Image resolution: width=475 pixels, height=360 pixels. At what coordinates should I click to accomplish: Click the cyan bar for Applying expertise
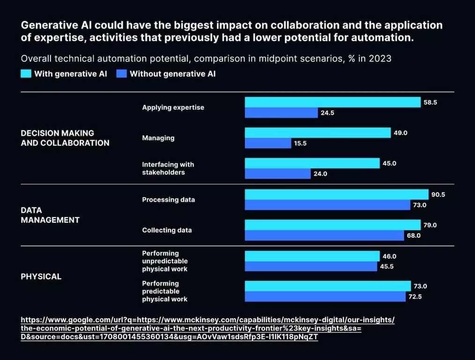click(x=333, y=102)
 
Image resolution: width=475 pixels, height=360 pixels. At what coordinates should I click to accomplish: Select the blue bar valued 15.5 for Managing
click(x=268, y=143)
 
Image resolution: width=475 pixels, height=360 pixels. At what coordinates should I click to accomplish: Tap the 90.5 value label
click(x=438, y=195)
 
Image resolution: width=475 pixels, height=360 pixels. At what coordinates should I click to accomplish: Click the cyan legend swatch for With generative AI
click(x=26, y=74)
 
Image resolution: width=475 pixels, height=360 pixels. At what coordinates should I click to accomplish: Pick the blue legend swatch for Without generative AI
click(x=122, y=74)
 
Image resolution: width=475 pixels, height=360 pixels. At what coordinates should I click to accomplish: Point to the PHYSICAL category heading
click(x=41, y=277)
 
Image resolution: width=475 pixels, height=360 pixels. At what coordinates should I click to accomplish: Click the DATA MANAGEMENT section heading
click(x=50, y=215)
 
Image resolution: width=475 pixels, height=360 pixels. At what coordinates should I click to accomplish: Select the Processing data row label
click(x=168, y=200)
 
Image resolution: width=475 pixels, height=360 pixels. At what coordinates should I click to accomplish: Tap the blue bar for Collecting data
click(x=324, y=235)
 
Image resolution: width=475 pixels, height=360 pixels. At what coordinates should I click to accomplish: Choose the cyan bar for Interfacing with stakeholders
click(x=312, y=163)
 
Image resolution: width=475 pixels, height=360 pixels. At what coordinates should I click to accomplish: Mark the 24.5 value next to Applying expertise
click(x=327, y=113)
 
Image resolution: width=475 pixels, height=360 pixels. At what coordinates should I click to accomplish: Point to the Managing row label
click(x=158, y=138)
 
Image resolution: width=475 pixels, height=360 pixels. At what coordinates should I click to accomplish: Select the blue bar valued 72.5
click(x=325, y=297)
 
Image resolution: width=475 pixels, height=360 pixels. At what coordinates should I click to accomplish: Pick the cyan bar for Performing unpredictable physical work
click(x=312, y=256)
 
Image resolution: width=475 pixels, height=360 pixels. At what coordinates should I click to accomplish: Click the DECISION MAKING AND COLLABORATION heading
click(x=65, y=138)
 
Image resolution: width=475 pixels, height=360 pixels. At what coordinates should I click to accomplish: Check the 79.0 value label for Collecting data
click(x=430, y=225)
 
